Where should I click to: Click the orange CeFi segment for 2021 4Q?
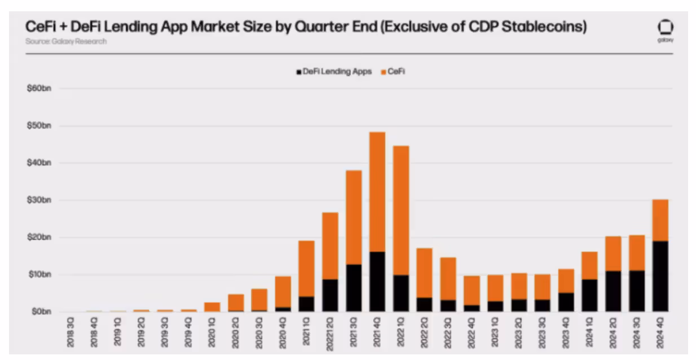tap(377, 192)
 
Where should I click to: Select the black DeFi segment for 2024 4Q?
tap(660, 276)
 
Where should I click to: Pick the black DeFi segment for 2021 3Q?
tap(354, 288)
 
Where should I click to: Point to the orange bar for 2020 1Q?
tap(212, 307)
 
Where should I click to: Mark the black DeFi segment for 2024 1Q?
tap(590, 295)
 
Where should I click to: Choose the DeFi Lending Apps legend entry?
tap(333, 72)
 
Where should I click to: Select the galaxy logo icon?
tap(666, 28)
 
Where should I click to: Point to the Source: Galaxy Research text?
tap(65, 41)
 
